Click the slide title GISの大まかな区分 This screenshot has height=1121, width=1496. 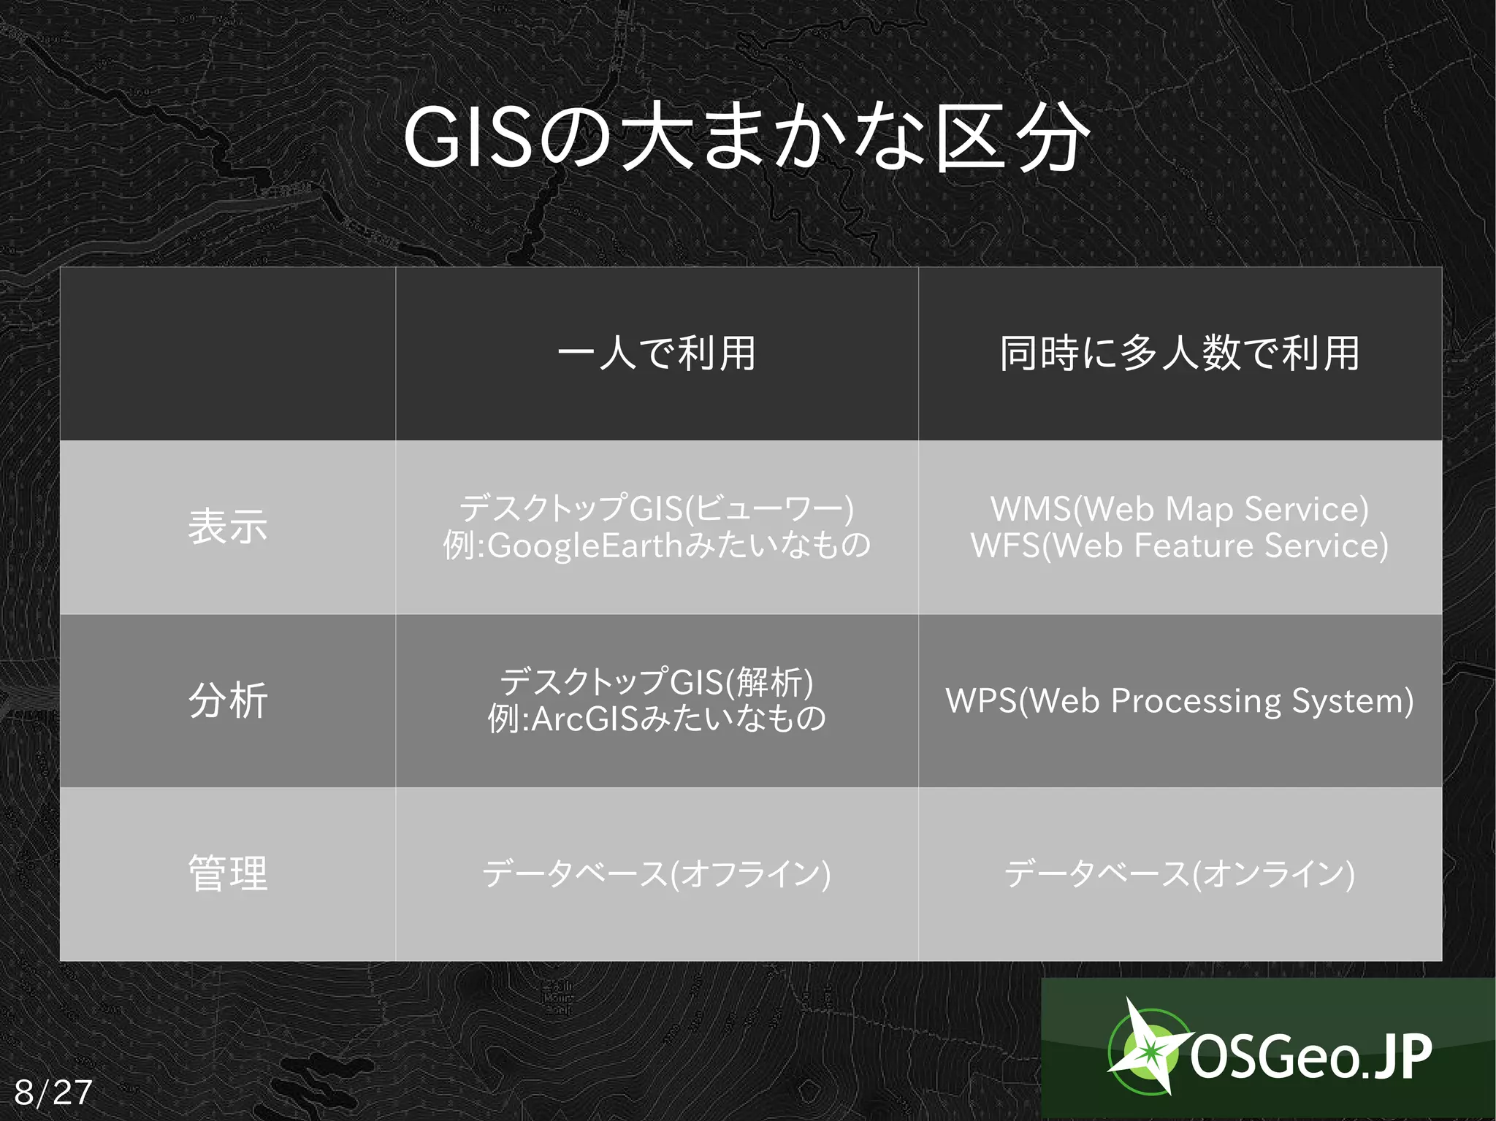(x=747, y=138)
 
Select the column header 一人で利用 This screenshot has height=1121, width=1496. (x=656, y=353)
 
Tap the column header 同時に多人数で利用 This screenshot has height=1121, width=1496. (x=1179, y=353)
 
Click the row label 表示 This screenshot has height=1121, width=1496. (x=227, y=527)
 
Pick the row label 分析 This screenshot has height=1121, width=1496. (x=227, y=700)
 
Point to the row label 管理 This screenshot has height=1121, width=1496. (x=227, y=873)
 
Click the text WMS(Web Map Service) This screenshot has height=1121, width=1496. (x=1179, y=509)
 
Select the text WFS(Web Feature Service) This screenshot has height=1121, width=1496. (x=1179, y=546)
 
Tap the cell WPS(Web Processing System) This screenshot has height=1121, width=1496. (x=1179, y=700)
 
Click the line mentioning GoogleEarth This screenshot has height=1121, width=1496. (x=656, y=546)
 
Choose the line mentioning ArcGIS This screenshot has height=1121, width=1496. (x=656, y=719)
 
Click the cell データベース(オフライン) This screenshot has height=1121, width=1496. (x=656, y=873)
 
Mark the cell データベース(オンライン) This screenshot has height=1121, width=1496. (x=1179, y=873)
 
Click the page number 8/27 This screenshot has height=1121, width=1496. (x=53, y=1093)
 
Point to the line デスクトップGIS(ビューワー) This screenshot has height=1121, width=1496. (x=656, y=508)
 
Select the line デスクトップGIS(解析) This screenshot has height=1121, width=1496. (x=656, y=682)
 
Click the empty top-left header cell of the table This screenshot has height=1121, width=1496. (x=227, y=353)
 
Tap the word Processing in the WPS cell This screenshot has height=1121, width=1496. (x=1196, y=700)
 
